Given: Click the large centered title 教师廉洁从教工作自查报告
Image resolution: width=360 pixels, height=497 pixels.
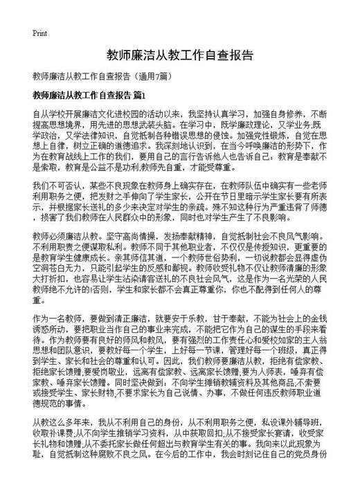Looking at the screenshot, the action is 179,55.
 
